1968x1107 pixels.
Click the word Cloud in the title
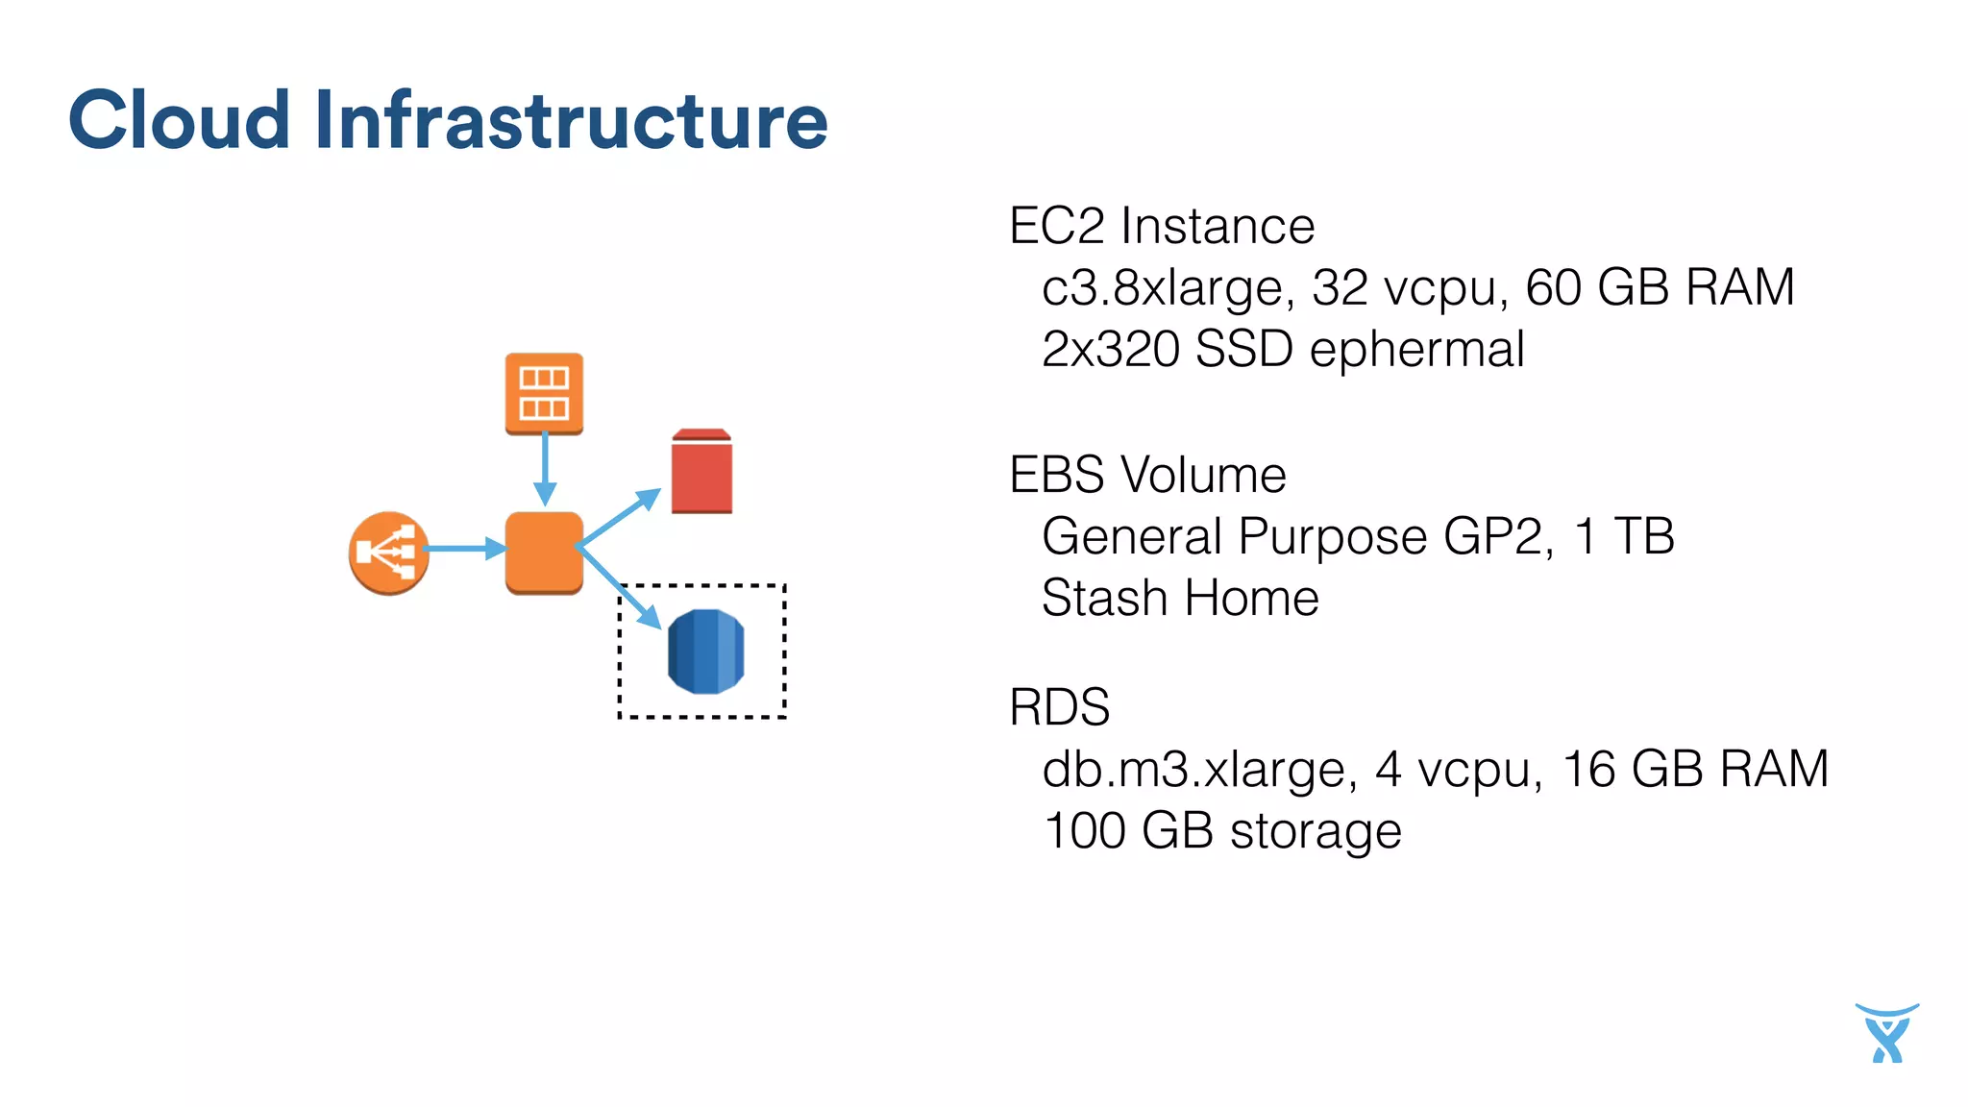179,121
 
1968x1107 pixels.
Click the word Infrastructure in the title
571,121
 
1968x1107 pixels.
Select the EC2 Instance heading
1161,227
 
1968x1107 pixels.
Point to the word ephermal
1416,350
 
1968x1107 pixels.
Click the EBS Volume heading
1147,475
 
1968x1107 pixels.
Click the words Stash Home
1180,598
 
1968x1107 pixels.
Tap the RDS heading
1059,707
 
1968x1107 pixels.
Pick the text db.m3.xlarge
1199,770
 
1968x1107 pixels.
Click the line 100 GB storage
1222,830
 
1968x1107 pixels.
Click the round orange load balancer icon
388,553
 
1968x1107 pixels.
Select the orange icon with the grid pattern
544,393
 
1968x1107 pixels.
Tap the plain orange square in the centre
544,552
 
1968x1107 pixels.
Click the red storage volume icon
701,472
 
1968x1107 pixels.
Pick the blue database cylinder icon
706,652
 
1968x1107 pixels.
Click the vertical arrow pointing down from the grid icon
545,468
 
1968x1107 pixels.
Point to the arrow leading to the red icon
621,518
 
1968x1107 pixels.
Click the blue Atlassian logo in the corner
1886,1034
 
